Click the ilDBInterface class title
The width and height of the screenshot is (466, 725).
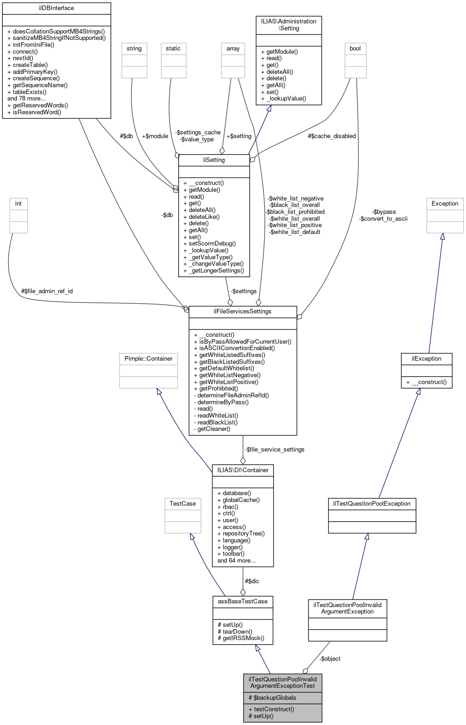pyautogui.click(x=57, y=8)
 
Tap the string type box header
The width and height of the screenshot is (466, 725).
pyautogui.click(x=134, y=49)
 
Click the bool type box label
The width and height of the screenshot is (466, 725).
pyautogui.click(x=355, y=49)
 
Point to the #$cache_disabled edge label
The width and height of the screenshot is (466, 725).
pyautogui.click(x=332, y=136)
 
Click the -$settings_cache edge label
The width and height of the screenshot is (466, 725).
pyautogui.click(x=198, y=133)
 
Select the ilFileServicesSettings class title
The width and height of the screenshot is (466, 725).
pyautogui.click(x=242, y=312)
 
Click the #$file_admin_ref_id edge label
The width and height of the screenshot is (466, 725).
pyautogui.click(x=47, y=291)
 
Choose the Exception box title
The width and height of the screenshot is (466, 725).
pyautogui.click(x=445, y=204)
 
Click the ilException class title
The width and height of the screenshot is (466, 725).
pyautogui.click(x=426, y=359)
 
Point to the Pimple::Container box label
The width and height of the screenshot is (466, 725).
pyautogui.click(x=148, y=359)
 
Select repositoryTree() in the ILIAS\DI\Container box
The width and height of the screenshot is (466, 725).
pyautogui.click(x=240, y=534)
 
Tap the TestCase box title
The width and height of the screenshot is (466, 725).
pyautogui.click(x=182, y=504)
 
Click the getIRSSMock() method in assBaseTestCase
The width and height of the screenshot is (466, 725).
pyautogui.click(x=241, y=638)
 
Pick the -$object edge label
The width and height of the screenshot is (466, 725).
pyautogui.click(x=330, y=659)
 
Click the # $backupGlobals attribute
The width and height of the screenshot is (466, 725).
pyautogui.click(x=273, y=698)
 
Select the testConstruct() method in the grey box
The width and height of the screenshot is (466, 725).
pyautogui.click(x=271, y=709)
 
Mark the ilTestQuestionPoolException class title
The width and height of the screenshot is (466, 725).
pyautogui.click(x=371, y=504)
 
